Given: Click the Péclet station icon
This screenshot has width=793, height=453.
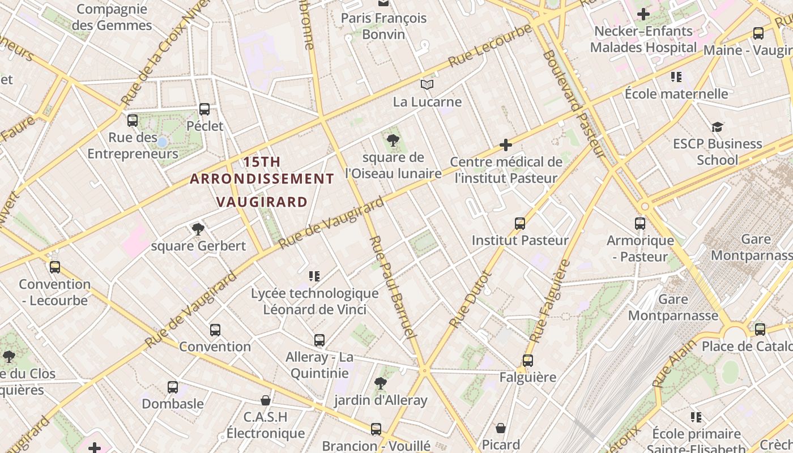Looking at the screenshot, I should [204, 109].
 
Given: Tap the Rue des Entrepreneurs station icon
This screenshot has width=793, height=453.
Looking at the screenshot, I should [133, 120].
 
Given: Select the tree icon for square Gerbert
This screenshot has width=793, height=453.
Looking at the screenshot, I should [198, 229].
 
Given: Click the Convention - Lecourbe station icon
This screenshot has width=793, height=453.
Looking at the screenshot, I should [55, 267].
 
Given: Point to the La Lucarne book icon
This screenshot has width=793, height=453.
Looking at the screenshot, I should [427, 85].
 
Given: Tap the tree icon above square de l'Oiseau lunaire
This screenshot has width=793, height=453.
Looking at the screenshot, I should [392, 140].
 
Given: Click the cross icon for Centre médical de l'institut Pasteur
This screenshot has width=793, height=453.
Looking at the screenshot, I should [506, 146].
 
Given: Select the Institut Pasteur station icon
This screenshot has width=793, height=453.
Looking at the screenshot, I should [520, 224].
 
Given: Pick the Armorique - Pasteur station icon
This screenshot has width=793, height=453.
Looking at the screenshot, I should [640, 224].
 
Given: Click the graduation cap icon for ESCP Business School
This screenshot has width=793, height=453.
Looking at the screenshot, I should [717, 127].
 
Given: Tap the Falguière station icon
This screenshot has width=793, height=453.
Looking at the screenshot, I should [528, 361].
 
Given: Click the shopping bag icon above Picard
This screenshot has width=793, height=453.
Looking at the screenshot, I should [501, 428].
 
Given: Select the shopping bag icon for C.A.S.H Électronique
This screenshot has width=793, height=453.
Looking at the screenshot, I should [265, 401].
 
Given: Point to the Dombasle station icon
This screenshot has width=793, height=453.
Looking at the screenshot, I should [173, 387].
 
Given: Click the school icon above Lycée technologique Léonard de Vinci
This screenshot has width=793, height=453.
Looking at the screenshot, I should [314, 276].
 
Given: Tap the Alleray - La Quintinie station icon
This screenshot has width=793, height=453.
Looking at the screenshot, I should [319, 340].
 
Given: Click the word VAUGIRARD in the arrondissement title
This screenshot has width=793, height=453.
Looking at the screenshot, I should [262, 202].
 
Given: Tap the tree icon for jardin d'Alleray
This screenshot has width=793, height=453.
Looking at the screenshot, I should [381, 383].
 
